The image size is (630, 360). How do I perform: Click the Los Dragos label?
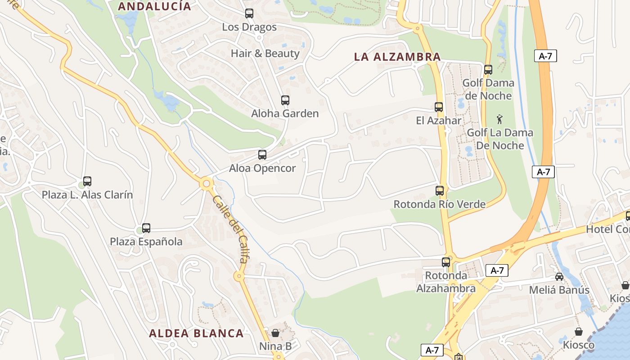coord(249,27)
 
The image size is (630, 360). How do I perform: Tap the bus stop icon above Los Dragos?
coord(249,13)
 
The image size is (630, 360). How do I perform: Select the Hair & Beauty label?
coord(265,53)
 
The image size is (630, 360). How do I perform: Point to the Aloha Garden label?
coord(285,113)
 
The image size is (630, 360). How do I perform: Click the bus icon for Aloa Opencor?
coord(262,155)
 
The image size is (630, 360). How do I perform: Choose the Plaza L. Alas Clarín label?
coord(87,195)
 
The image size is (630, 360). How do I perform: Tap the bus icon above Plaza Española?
coord(146,228)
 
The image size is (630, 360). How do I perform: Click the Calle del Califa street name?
coord(230,229)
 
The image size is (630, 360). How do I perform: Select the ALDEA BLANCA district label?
coord(196,333)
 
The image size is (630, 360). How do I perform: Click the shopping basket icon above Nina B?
coord(275,333)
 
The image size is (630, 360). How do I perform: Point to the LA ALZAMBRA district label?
coord(397,57)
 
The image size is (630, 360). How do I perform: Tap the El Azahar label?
coord(438,121)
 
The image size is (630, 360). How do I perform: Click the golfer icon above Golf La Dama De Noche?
coord(499,120)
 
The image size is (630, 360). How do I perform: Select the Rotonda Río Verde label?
coord(440,204)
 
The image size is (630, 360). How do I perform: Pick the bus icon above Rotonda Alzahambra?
coord(446,262)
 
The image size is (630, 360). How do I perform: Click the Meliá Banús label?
coord(559,290)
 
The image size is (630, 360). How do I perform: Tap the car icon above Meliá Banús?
coord(559,277)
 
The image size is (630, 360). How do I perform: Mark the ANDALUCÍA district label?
coord(154,6)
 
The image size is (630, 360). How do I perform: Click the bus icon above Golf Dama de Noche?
coord(488,70)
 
